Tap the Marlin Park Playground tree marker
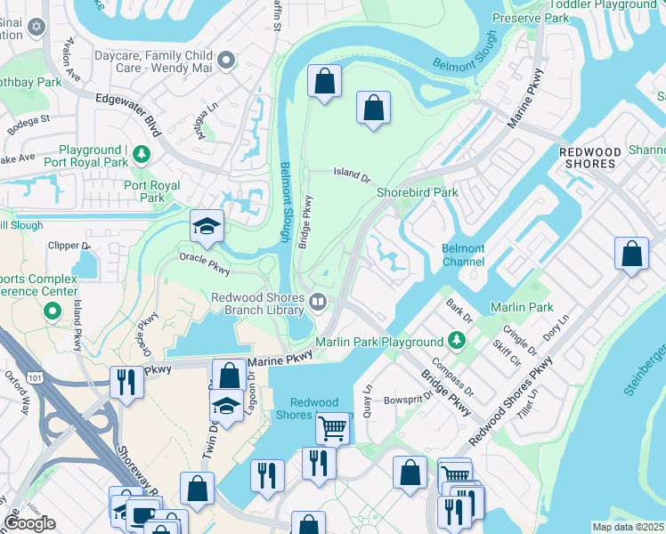[457, 342]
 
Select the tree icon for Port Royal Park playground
[141, 156]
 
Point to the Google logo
[30, 523]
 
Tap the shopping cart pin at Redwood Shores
[332, 429]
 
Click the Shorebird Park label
[417, 192]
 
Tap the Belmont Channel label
[463, 255]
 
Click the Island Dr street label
[352, 174]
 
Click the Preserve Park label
[531, 17]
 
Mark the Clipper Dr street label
[69, 245]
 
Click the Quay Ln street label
[366, 395]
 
